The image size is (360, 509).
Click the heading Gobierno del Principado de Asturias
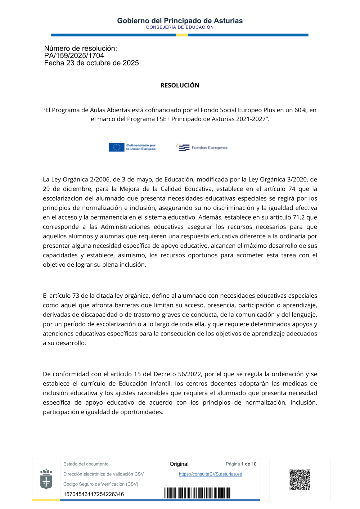point(180,21)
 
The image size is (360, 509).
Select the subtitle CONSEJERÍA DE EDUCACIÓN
point(180,27)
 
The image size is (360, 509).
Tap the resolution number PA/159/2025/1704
point(74,56)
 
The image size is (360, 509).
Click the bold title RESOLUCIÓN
point(180,85)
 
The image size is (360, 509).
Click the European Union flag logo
point(116,147)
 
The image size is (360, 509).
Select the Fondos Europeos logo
point(202,148)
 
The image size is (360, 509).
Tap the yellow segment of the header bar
point(182,35)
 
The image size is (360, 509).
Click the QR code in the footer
point(300,479)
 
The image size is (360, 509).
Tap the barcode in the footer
point(197,493)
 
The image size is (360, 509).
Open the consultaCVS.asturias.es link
point(210,474)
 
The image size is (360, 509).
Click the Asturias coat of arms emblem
point(46,479)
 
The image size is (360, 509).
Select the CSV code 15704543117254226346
point(94,494)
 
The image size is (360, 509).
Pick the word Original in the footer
point(179,464)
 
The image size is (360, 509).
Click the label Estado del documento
point(86,464)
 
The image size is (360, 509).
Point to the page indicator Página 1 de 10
point(241,464)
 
